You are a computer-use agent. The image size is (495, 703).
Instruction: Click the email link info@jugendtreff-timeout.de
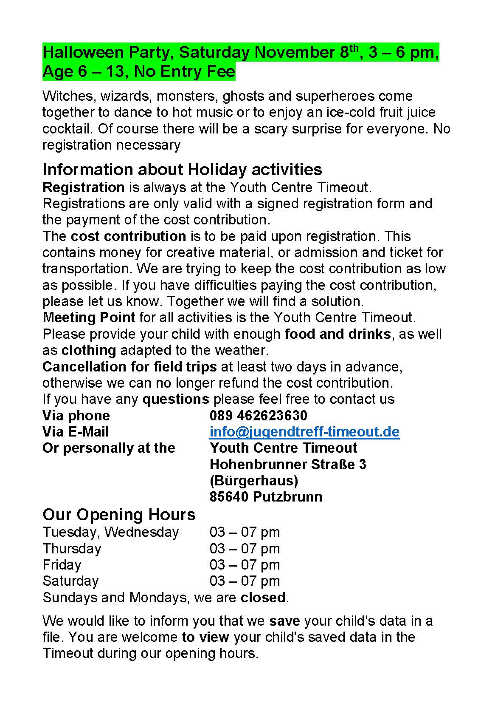click(304, 432)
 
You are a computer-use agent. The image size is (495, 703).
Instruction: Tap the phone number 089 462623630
click(258, 415)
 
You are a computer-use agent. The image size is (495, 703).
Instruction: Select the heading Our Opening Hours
click(119, 514)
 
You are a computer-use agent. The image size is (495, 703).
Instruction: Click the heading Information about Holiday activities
click(182, 169)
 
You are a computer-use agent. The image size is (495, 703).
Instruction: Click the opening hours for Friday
click(245, 565)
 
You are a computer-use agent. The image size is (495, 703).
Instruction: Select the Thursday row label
click(72, 549)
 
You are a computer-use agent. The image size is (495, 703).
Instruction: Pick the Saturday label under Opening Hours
click(70, 581)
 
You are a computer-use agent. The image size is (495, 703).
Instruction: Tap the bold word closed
click(263, 598)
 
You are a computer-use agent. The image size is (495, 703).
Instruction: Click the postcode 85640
click(229, 496)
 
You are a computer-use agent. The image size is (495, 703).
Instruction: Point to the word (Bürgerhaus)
click(254, 480)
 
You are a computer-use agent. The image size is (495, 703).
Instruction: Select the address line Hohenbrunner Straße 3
click(288, 464)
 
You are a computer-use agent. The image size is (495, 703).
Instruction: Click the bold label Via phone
click(76, 415)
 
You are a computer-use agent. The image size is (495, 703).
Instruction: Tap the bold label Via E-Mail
click(76, 432)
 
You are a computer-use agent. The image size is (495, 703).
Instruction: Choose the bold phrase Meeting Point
click(89, 317)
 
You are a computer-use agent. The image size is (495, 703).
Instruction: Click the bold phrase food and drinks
click(337, 334)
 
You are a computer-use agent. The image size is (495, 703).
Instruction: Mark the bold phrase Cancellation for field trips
click(129, 366)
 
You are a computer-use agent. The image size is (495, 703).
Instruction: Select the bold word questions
click(176, 399)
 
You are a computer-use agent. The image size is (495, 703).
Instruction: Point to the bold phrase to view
click(205, 637)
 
